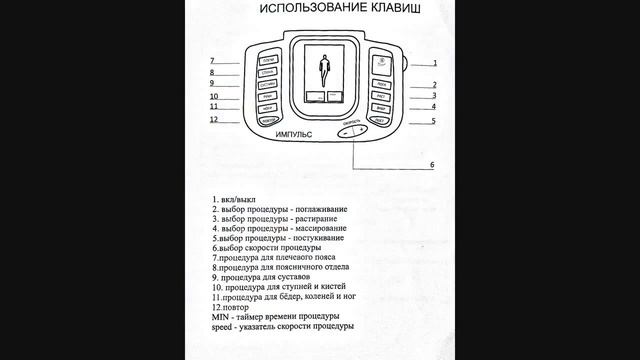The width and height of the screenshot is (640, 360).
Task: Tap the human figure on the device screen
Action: (323, 71)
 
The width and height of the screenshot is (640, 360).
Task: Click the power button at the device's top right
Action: (381, 64)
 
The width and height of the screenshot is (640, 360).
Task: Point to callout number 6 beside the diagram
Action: (432, 164)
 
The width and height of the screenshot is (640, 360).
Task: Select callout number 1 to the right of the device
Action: (434, 62)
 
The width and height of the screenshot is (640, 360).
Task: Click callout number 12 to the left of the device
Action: (214, 120)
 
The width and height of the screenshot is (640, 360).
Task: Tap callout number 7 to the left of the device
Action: (213, 61)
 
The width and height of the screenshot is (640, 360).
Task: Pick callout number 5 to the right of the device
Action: (433, 121)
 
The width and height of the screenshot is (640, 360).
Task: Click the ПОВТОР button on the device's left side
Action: (268, 120)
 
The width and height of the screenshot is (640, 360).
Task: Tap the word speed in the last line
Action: (221, 327)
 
